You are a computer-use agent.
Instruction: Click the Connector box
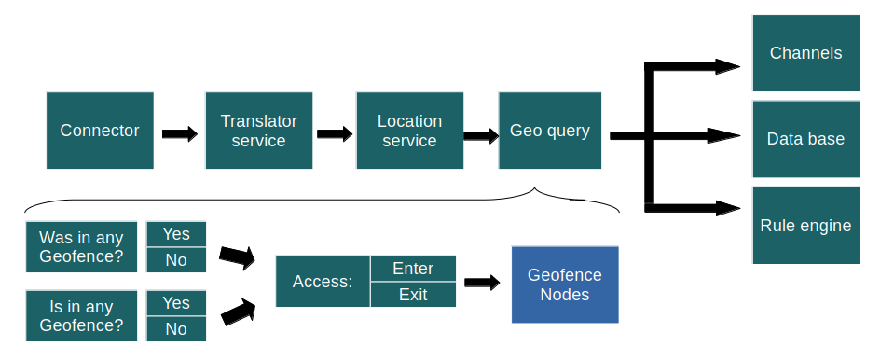(x=100, y=131)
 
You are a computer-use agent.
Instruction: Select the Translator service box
(x=258, y=131)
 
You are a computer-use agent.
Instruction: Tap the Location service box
(x=409, y=131)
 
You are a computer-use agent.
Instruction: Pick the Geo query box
(x=549, y=131)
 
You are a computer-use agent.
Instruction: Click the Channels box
(x=805, y=53)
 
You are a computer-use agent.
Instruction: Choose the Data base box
(x=805, y=139)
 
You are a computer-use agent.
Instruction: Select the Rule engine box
(x=805, y=226)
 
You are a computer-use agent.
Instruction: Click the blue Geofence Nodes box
(x=564, y=284)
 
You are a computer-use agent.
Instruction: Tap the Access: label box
(x=323, y=282)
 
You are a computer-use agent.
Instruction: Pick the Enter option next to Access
(x=413, y=269)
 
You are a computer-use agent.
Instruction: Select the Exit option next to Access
(x=413, y=295)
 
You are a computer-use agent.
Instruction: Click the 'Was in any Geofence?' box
(x=81, y=247)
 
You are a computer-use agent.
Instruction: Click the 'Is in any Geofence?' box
(x=81, y=316)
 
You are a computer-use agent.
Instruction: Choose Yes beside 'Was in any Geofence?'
(x=176, y=234)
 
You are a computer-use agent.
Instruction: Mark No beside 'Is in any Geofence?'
(x=176, y=328)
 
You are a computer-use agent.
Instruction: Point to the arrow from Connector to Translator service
(x=179, y=133)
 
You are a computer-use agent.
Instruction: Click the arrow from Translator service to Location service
(x=335, y=133)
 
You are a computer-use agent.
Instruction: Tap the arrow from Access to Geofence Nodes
(x=483, y=283)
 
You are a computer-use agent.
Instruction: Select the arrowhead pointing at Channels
(x=726, y=66)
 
